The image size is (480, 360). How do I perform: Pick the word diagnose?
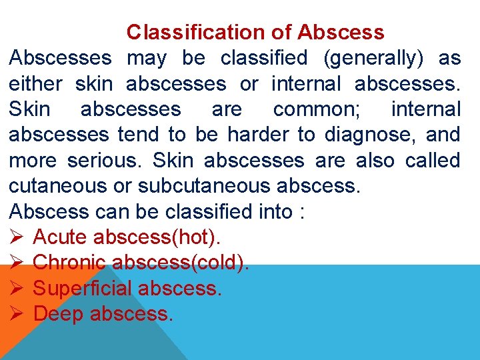coord(366,135)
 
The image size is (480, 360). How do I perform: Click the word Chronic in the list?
coord(69,263)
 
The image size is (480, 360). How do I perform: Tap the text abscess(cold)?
coord(181,263)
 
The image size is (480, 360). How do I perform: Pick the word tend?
coord(138,135)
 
